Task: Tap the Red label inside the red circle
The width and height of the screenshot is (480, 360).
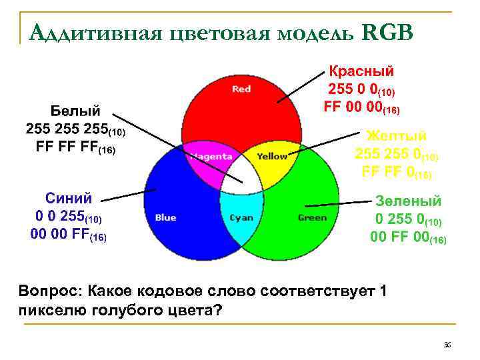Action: pyautogui.click(x=241, y=89)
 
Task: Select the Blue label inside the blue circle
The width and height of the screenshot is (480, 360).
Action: pyautogui.click(x=165, y=217)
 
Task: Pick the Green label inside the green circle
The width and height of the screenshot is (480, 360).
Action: pyautogui.click(x=312, y=217)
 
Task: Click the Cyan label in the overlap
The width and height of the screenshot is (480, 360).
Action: pyautogui.click(x=241, y=217)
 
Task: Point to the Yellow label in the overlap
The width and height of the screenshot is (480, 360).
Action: pyautogui.click(x=273, y=157)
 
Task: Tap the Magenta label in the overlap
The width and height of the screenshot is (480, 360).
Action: pyautogui.click(x=210, y=157)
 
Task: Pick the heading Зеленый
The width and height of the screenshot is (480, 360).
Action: pyautogui.click(x=409, y=200)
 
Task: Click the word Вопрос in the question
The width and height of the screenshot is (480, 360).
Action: pyautogui.click(x=50, y=291)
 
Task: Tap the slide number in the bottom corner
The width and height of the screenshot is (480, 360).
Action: pyautogui.click(x=447, y=344)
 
